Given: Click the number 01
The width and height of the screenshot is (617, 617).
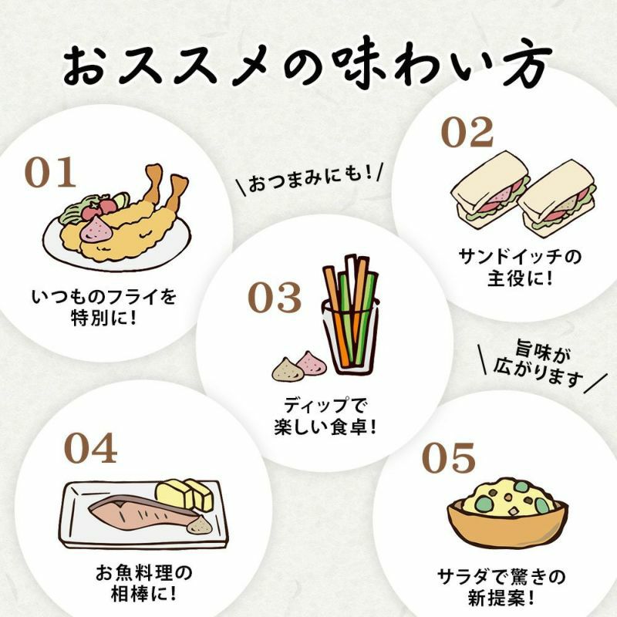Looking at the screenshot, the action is tap(50, 172).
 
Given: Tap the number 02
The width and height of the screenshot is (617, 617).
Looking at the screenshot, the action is tap(467, 132).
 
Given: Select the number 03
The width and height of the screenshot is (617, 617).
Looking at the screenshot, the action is tap(275, 298).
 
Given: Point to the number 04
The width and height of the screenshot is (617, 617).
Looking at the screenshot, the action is tap(90, 448).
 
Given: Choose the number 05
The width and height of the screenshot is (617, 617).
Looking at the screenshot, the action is tap(449, 457).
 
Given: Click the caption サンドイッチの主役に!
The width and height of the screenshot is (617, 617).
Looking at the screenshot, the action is tap(520, 268).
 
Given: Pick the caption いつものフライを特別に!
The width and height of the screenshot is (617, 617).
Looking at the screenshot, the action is tap(104, 307).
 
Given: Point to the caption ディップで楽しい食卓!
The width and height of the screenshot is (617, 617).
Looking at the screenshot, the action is tap(325, 416).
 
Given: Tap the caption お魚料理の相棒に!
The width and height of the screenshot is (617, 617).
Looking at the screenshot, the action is tap(144, 583).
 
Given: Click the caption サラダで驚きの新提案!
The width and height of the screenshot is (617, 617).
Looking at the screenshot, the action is tap(501, 588).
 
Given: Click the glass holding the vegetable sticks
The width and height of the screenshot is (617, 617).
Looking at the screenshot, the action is tap(349, 337).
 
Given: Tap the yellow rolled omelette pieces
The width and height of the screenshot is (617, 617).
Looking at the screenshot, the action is tap(184, 494).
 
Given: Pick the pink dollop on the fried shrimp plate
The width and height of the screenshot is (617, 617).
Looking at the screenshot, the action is tap(97, 229).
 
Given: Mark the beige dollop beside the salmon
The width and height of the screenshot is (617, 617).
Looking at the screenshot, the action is tap(200, 524).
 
